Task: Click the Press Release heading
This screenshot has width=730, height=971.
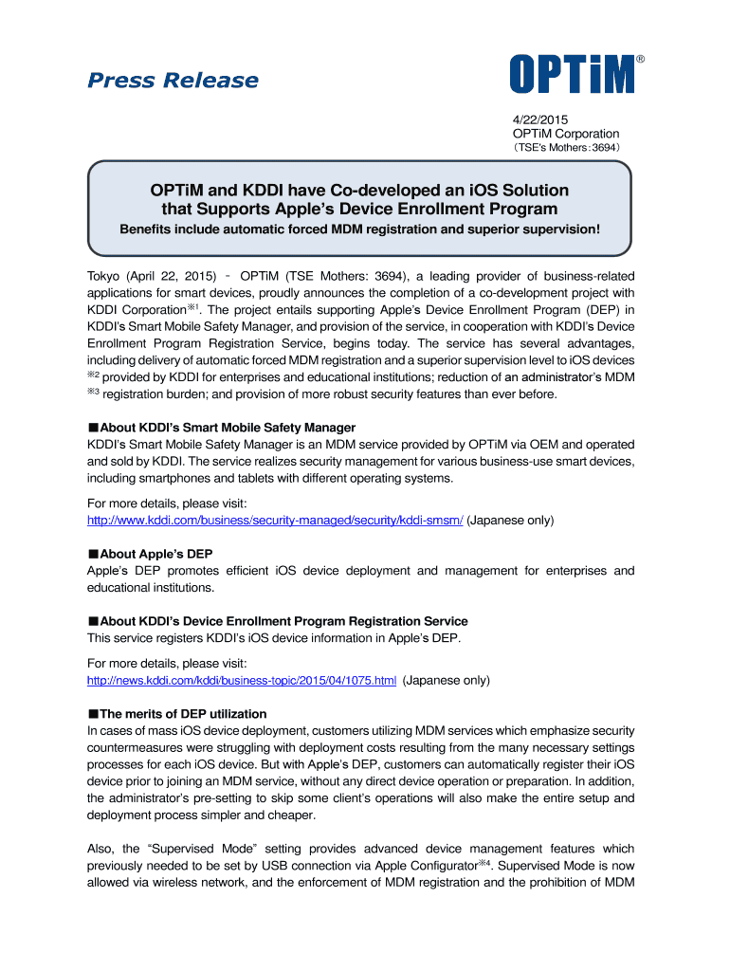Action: tap(173, 81)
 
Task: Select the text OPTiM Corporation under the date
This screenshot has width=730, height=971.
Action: tap(558, 134)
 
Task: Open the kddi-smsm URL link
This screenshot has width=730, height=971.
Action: tap(275, 521)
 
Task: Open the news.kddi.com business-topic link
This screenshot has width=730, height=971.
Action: tap(242, 681)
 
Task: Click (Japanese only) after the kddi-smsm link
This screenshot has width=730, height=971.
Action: tap(511, 521)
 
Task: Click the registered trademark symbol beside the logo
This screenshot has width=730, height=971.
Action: tap(640, 60)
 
